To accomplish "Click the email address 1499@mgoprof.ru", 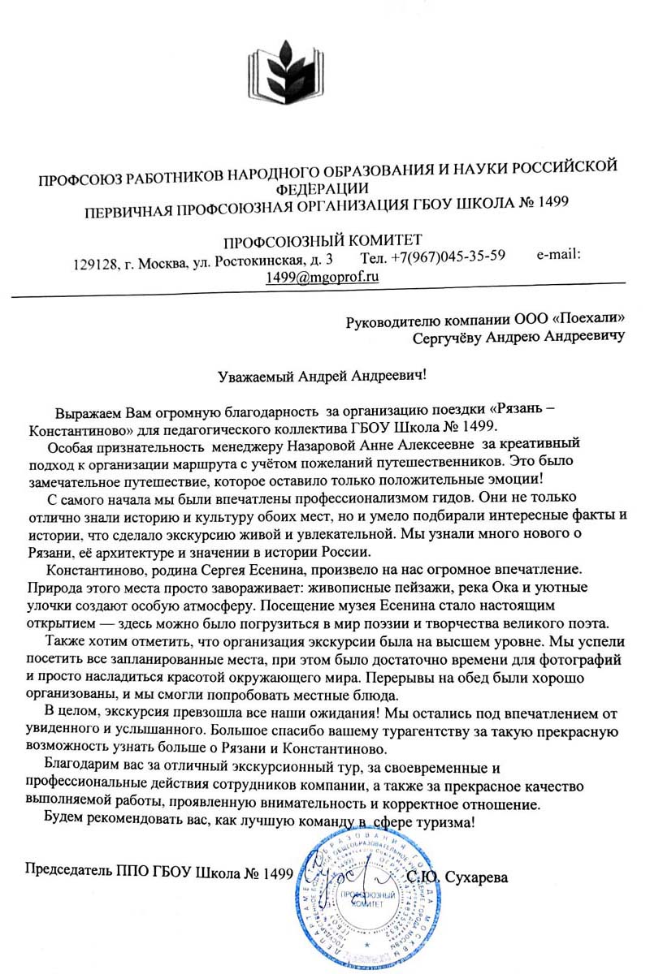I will pyautogui.click(x=323, y=276).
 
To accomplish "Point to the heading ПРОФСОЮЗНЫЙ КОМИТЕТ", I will pyautogui.click(x=323, y=240).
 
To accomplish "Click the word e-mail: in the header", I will pyautogui.click(x=558, y=254).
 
